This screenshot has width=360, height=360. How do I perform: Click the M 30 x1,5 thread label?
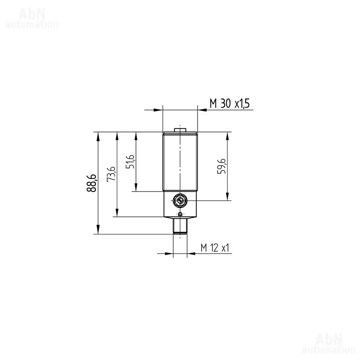tap(229, 103)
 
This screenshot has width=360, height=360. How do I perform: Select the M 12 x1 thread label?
tap(215, 248)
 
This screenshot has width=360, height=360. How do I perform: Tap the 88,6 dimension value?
tap(91, 183)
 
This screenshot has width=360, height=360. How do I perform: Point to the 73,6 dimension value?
tap(111, 174)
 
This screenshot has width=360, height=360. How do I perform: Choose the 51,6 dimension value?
tap(130, 162)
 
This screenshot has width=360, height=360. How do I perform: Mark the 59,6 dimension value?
tap(222, 166)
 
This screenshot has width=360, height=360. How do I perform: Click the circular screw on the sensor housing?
tap(180, 201)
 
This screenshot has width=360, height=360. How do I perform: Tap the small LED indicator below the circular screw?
tap(180, 214)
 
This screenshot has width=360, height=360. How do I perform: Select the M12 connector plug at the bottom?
tap(180, 226)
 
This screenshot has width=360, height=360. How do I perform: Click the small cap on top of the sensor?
tap(180, 130)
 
